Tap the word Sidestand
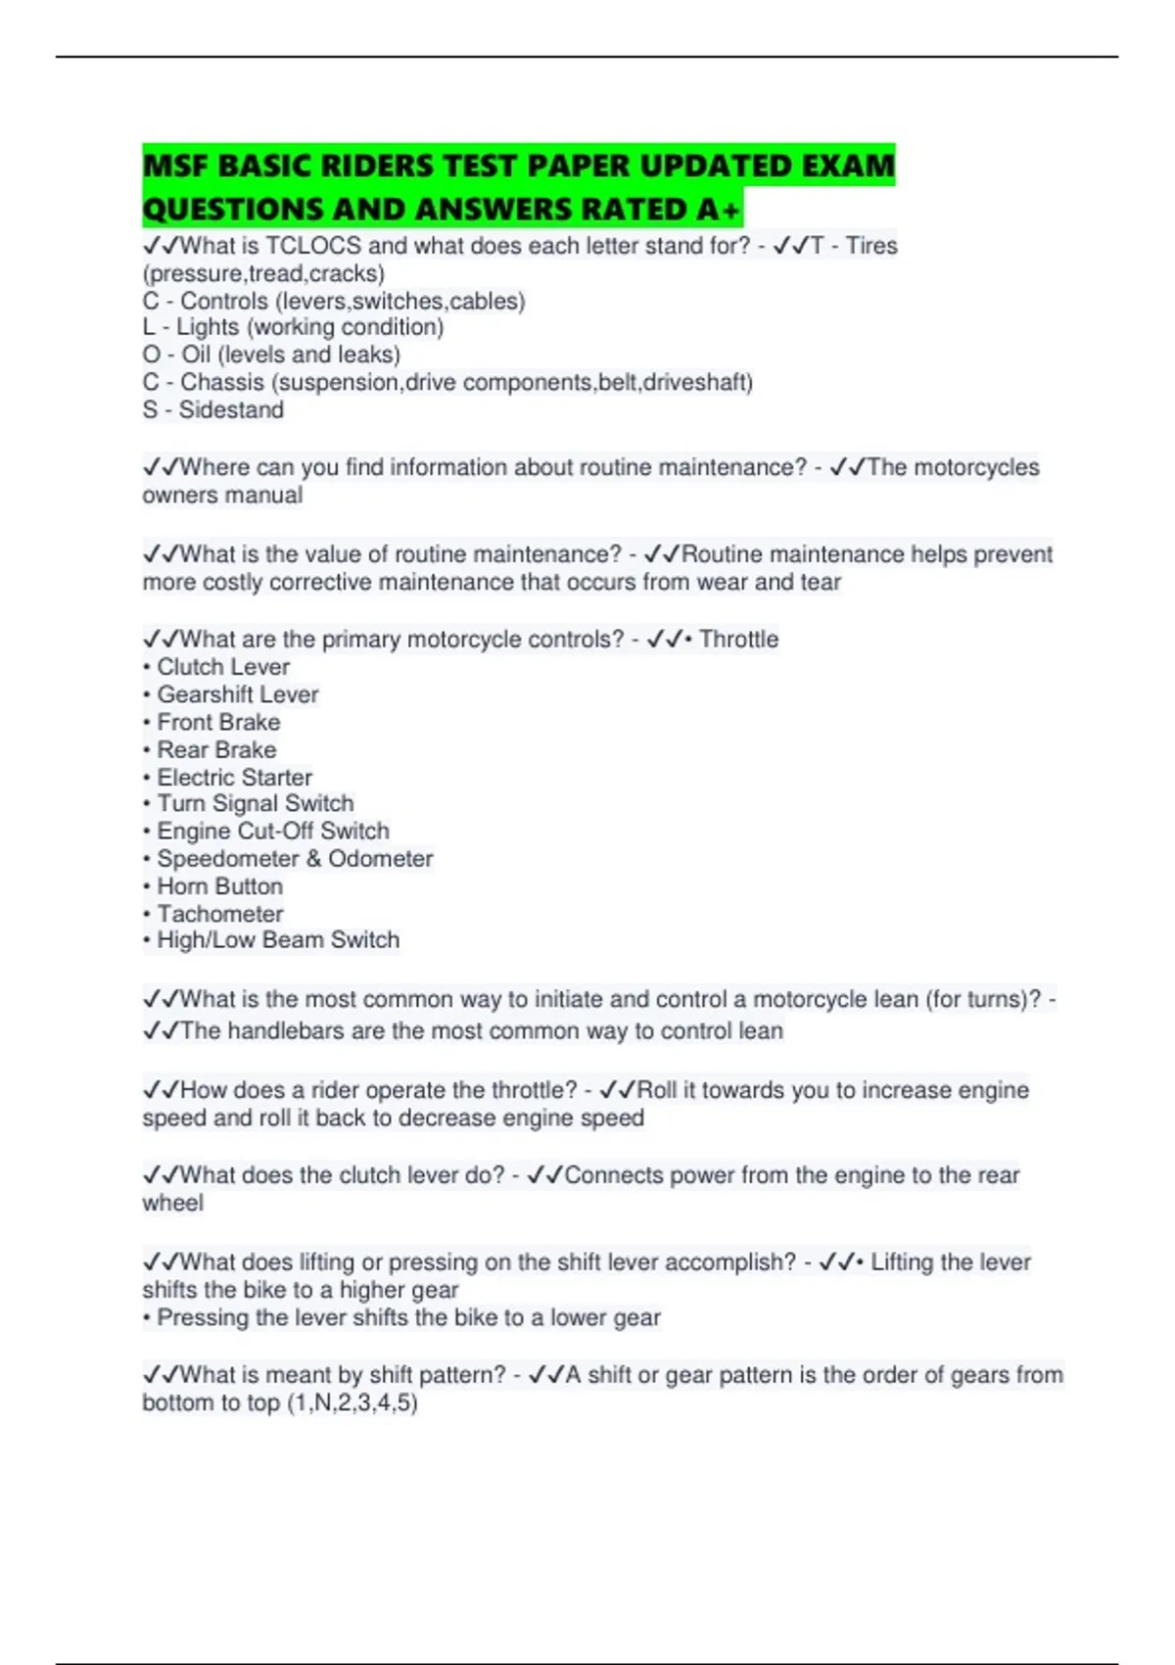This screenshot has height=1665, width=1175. tap(231, 410)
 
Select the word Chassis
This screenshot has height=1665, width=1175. tap(222, 382)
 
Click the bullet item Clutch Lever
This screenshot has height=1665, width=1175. tap(223, 667)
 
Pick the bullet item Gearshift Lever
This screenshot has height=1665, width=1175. tap(238, 694)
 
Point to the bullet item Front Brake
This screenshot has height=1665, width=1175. tap(218, 722)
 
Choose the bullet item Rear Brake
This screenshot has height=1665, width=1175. tap(216, 749)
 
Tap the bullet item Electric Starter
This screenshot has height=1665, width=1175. tap(235, 778)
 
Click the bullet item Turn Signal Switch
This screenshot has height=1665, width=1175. tap(256, 803)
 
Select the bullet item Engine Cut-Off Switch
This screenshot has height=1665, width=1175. tap(273, 832)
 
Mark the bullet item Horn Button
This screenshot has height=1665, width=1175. tap(220, 886)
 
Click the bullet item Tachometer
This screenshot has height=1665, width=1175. tap(220, 914)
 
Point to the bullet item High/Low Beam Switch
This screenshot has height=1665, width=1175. tap(278, 940)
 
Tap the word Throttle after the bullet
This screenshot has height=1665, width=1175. tap(739, 640)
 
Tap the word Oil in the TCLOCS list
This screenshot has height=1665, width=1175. tap(196, 355)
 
